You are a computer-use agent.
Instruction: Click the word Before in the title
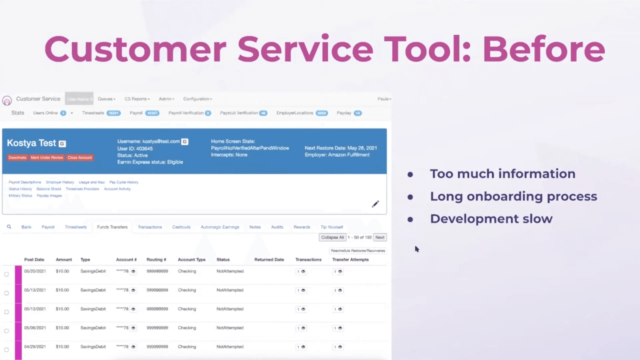coord(543,49)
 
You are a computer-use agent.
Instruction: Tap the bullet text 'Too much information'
coord(502,174)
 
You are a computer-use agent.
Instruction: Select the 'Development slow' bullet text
coord(491,219)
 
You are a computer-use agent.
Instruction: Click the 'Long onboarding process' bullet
coord(513,197)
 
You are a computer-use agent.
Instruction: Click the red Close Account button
coord(80,158)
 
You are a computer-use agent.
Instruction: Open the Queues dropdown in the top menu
coord(106,99)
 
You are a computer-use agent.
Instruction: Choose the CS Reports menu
coord(137,99)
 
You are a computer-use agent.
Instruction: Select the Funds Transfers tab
coord(112,227)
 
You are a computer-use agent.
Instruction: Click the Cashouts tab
coord(181,227)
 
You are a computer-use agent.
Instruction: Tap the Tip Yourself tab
coord(331,227)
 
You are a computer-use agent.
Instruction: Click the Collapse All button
coord(332,237)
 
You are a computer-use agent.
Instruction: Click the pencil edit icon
coord(375,204)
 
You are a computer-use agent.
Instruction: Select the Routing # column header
coord(156,260)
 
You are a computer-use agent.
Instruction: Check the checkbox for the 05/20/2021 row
coord(6,274)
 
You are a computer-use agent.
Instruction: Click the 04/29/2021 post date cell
coord(35,347)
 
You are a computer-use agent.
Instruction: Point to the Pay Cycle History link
coord(124,182)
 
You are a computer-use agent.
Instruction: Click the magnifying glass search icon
coord(9,227)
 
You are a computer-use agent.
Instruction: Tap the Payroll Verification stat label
coord(186,113)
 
